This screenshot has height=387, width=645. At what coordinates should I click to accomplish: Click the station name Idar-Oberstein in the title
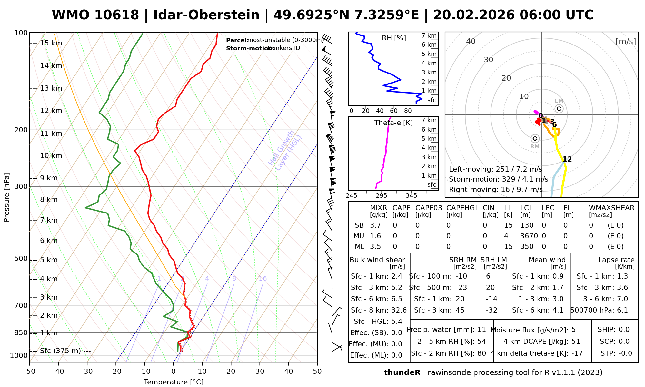(x=206, y=15)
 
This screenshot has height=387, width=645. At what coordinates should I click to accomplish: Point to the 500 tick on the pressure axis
(x=21, y=258)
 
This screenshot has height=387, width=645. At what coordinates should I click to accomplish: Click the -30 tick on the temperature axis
(x=87, y=372)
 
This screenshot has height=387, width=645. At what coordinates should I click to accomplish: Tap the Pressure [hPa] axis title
(x=7, y=197)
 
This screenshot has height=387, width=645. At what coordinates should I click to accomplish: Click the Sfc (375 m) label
(x=60, y=351)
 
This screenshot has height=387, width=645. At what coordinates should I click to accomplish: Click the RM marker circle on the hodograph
(x=535, y=139)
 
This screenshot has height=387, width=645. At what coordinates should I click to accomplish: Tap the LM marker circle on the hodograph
(x=559, y=109)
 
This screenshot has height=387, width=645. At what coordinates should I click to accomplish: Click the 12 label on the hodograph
(x=567, y=159)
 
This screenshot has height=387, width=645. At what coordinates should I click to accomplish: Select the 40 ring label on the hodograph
(x=471, y=41)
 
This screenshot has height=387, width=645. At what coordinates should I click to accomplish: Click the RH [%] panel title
(x=394, y=38)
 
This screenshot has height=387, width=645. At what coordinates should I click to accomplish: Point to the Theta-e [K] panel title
(x=393, y=123)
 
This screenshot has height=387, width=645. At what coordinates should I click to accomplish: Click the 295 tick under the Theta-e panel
(x=381, y=196)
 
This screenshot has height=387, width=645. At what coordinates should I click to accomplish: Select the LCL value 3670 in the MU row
(x=529, y=236)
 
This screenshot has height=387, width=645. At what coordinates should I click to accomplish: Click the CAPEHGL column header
(x=462, y=208)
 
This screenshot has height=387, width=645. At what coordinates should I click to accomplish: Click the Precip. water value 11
(x=481, y=330)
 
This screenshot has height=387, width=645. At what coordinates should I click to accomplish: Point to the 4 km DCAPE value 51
(x=576, y=342)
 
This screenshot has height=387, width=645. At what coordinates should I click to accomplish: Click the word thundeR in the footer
(x=402, y=373)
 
